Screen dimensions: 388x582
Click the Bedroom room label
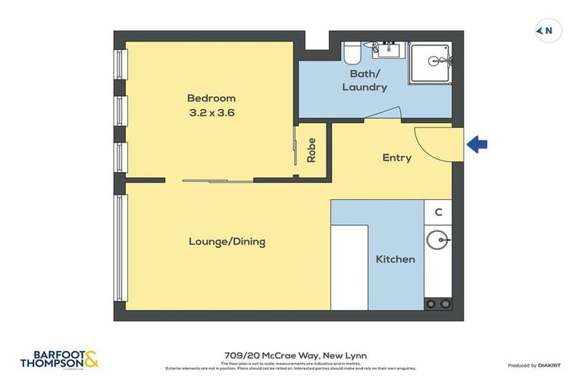211,98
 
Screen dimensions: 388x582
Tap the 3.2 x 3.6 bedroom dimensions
211,113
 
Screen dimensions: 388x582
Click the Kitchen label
396,259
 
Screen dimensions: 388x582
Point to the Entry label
396,158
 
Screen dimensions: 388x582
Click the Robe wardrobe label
311,150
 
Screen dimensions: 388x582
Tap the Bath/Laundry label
365,80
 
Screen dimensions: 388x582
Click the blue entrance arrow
477,144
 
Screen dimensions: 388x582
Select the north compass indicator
548,31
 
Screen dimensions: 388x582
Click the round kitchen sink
437,241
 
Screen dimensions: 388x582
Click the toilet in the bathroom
352,53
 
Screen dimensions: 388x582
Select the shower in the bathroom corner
430,63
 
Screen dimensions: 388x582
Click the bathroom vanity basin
390,52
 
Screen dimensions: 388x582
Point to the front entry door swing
435,142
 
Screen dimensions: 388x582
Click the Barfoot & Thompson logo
60,358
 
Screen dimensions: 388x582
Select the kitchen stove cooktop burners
437,304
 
